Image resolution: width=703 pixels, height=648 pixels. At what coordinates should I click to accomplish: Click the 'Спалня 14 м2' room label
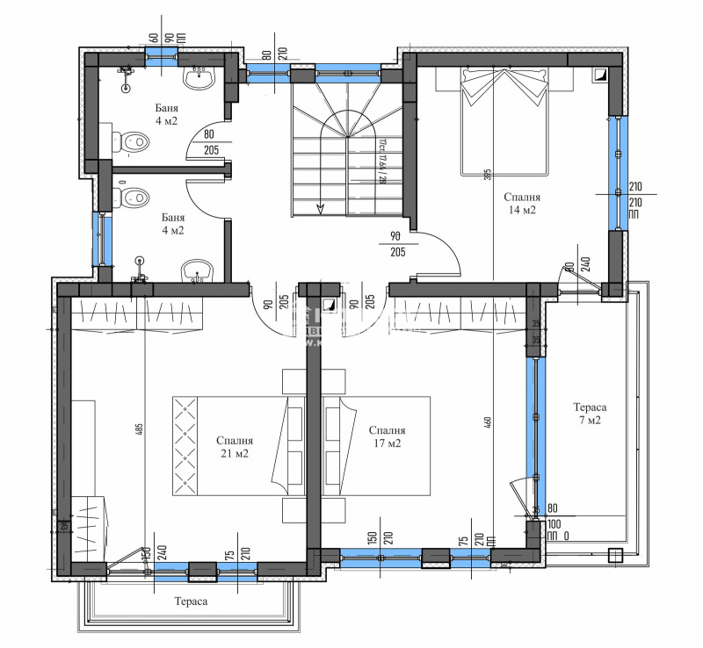[x=522, y=204]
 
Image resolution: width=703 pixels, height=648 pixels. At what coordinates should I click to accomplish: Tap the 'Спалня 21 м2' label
[x=235, y=447]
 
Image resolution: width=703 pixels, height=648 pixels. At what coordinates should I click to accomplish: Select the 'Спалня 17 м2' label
[x=387, y=436]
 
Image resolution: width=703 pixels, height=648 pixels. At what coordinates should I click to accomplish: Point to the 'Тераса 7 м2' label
[x=589, y=414]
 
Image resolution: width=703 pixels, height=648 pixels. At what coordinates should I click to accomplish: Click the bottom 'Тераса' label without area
[x=191, y=601]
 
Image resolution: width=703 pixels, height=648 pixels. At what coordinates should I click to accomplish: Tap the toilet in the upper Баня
[x=130, y=140]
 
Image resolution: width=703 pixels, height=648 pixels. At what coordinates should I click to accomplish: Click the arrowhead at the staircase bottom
[x=320, y=208]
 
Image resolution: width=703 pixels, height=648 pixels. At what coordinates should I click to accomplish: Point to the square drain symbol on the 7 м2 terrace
[x=615, y=554]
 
